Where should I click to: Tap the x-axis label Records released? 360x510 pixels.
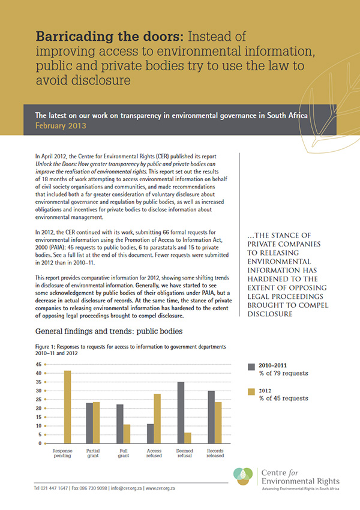[x=214, y=452]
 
